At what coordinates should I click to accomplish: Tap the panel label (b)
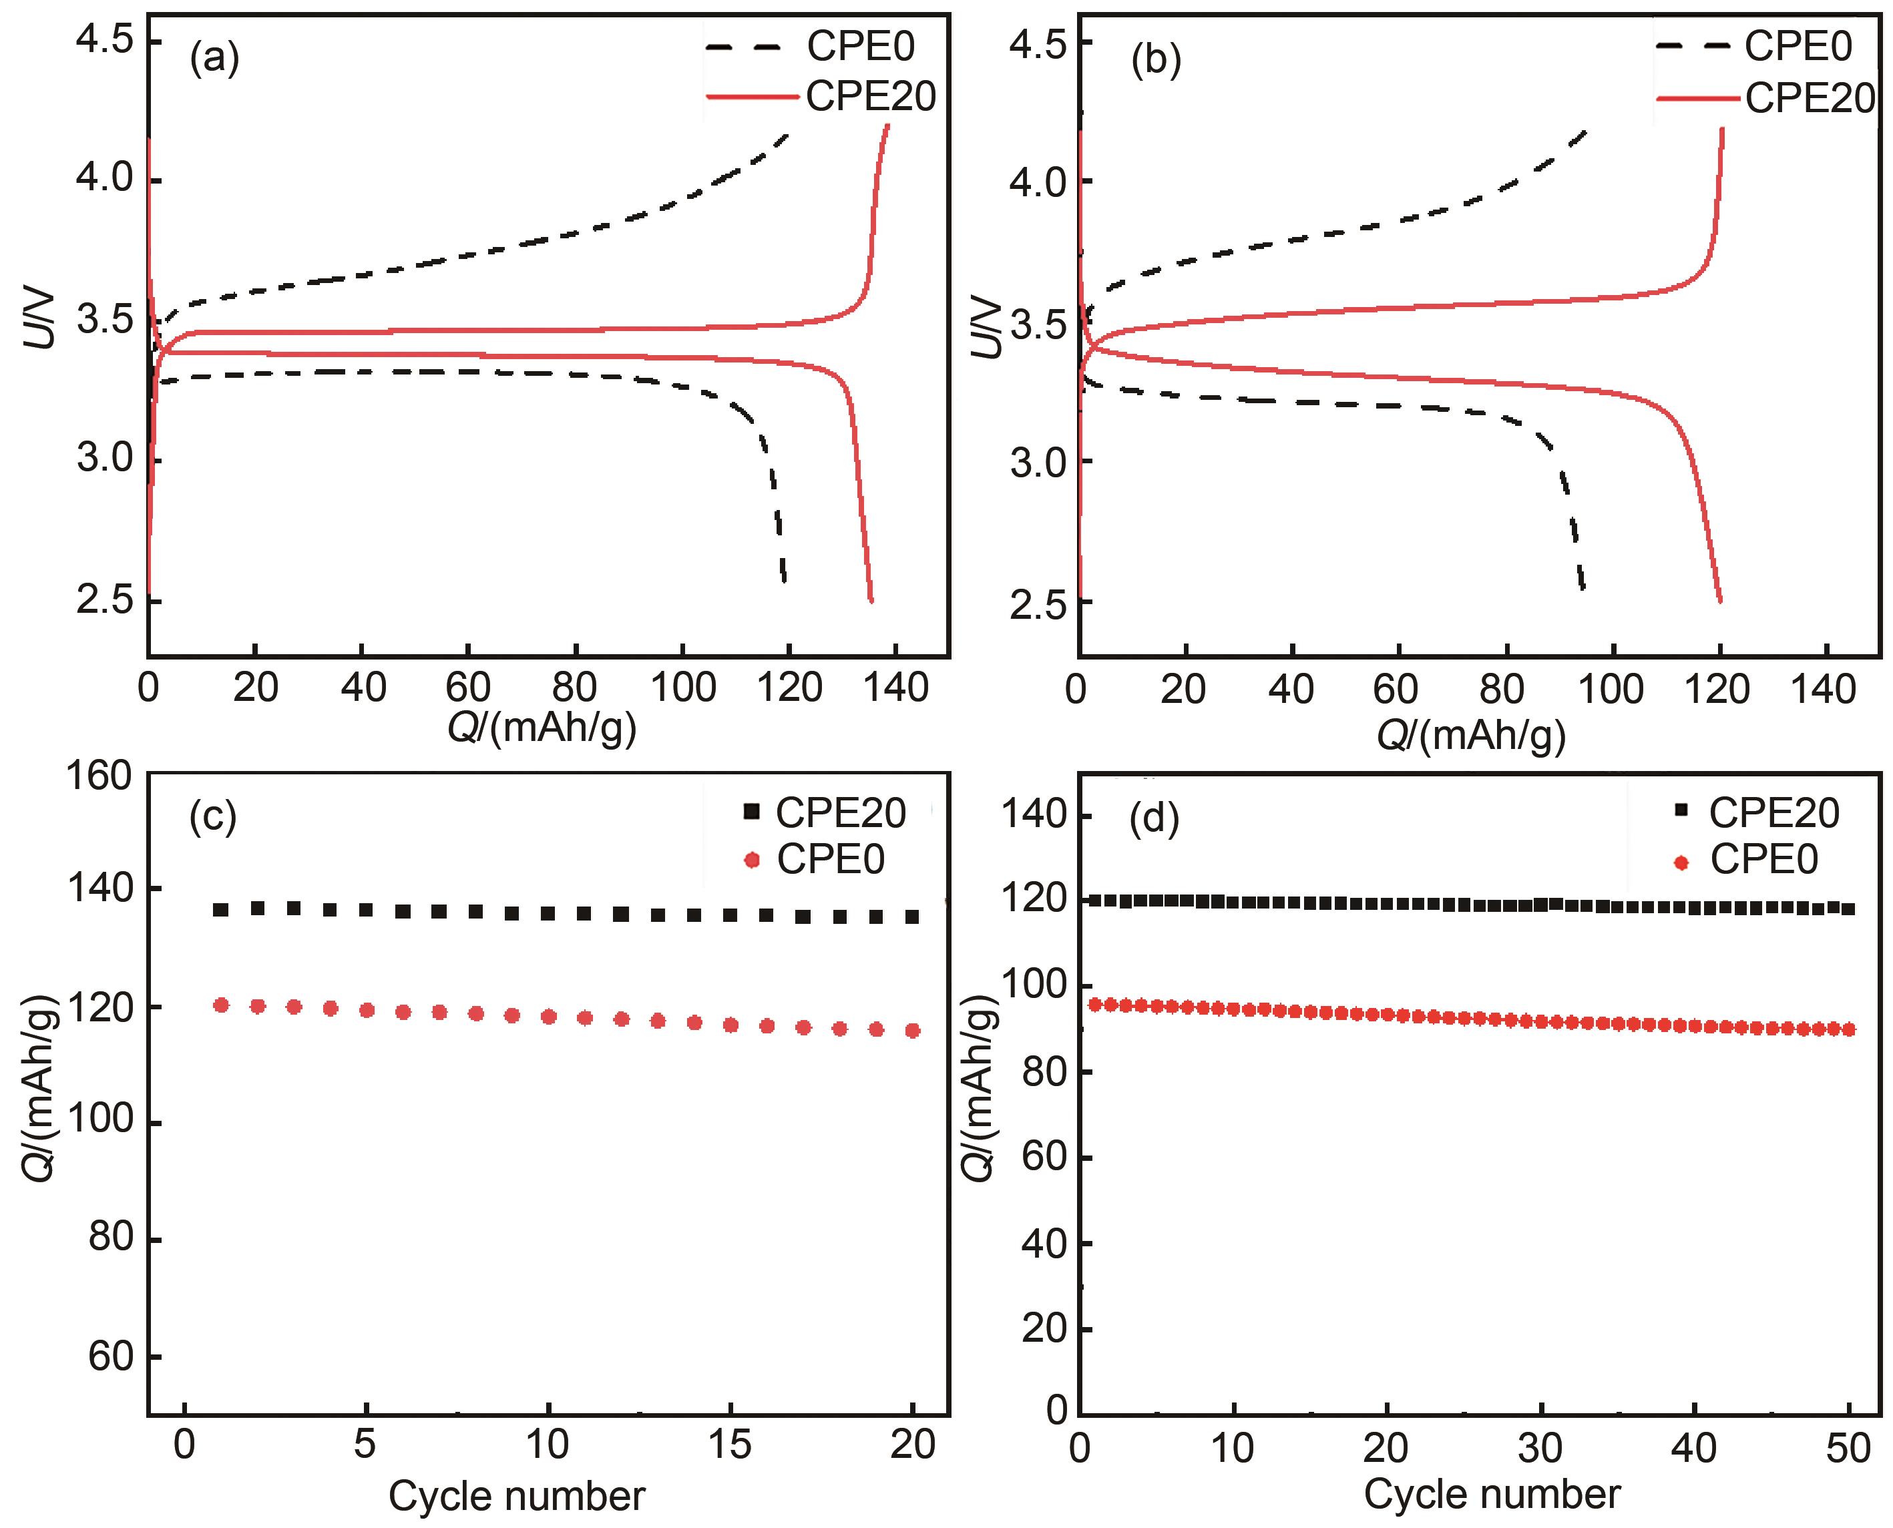coord(1155,61)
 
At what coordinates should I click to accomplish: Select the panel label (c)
coord(213,818)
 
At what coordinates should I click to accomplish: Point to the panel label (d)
coord(1153,818)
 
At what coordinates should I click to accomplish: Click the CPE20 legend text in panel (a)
coord(870,97)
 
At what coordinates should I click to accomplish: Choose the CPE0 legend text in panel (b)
coord(1798,47)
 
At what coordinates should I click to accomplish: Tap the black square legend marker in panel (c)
coord(751,812)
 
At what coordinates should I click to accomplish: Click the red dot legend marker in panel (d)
coord(1682,862)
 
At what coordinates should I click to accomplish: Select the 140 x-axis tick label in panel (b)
coord(1824,689)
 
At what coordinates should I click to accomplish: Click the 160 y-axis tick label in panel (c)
coord(99,776)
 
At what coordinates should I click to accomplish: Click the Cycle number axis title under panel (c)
coord(517,1497)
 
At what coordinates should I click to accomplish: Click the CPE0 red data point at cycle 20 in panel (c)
coord(912,1030)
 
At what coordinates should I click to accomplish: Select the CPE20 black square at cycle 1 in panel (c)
coord(221,909)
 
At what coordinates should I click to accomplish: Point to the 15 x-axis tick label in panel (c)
coord(730,1445)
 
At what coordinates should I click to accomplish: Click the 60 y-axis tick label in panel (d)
coord(1044,1157)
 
